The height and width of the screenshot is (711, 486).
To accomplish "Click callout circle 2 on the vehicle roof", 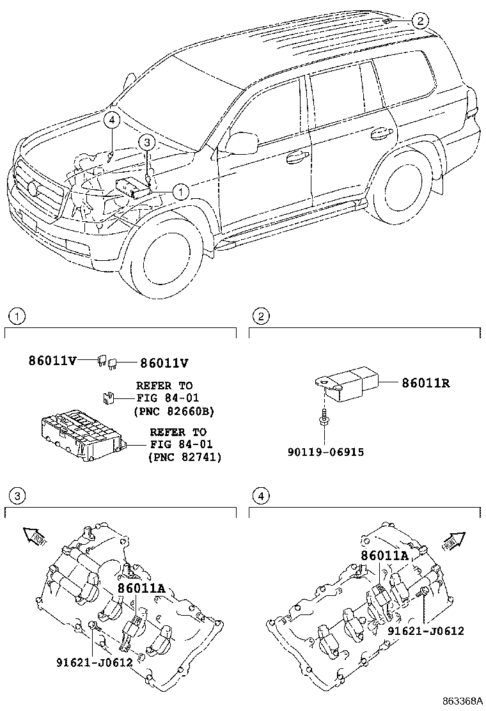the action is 419,20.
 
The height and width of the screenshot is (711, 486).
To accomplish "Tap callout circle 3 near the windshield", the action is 146,143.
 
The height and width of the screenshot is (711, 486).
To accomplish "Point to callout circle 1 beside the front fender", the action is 180,192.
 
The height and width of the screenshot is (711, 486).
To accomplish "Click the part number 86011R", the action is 426,383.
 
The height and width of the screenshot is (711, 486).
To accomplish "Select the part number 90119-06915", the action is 325,452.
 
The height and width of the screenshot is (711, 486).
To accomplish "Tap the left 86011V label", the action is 52,361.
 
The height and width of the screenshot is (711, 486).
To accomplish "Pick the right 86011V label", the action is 164,363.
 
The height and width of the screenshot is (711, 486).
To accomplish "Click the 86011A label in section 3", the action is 142,588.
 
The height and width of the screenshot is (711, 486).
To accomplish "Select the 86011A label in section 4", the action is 385,556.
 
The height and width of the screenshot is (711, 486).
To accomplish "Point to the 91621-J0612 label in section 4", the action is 425,630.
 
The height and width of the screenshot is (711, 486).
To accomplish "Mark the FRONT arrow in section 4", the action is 453,541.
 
